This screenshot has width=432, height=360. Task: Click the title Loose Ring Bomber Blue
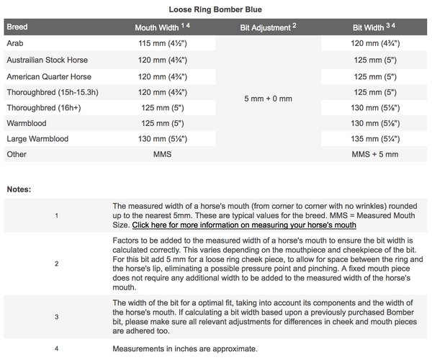tap(215, 9)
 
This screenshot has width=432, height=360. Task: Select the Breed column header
tap(17, 27)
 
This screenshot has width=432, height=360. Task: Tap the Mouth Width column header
tap(161, 27)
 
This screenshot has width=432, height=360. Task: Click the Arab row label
tap(15, 43)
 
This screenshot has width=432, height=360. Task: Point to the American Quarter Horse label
tap(49, 76)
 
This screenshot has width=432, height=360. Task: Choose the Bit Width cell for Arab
tap(375, 43)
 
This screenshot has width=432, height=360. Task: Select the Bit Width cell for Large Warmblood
tap(375, 138)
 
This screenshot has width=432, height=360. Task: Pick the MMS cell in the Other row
tap(163, 154)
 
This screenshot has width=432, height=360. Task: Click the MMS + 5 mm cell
tap(375, 154)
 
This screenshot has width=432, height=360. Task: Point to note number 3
tap(57, 315)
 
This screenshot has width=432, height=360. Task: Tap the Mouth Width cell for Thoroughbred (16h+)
tap(163, 107)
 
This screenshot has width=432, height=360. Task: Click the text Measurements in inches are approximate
tap(185, 348)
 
